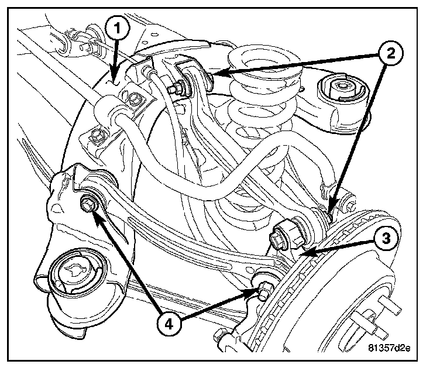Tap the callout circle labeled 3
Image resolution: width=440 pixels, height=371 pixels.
point(385,238)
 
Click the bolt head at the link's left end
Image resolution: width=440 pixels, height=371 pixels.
point(88,204)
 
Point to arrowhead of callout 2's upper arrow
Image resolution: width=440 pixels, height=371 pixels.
point(209,74)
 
